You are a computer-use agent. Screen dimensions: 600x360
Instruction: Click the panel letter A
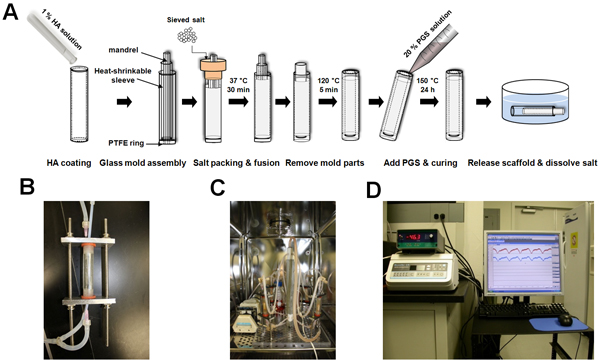10,12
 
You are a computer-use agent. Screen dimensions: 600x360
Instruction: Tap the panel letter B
27,187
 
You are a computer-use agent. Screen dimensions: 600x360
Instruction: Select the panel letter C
218,187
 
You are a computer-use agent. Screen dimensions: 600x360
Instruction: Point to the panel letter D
374,190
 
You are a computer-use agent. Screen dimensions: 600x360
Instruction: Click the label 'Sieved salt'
186,20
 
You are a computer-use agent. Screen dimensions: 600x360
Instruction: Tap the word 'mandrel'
123,50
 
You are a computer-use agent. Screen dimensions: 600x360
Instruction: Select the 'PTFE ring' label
126,143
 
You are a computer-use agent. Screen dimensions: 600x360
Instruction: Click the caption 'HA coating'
69,163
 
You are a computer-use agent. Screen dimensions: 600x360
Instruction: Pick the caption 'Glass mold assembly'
143,163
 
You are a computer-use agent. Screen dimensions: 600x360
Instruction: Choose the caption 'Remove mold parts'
324,163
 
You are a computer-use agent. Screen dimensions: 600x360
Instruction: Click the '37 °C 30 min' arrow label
238,85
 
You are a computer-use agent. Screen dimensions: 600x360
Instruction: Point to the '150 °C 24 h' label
428,85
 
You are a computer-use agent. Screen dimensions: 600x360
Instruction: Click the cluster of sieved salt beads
187,35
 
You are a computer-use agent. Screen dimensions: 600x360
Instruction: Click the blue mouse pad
559,324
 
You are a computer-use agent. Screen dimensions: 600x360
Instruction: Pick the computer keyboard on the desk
522,310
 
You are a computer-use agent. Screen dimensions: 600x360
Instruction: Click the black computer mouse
565,319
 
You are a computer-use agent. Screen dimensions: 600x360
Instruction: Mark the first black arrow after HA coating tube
124,102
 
